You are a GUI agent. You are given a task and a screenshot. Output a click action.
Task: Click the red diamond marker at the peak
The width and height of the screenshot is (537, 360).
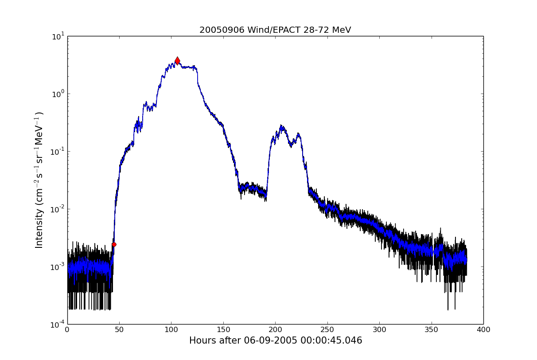pos(177,61)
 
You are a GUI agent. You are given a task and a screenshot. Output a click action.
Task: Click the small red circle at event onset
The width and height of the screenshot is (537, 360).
pos(114,244)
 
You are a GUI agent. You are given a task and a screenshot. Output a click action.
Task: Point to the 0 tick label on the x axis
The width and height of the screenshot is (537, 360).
pos(67,330)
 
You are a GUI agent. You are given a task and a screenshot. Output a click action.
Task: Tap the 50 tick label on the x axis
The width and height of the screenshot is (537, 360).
pos(119,330)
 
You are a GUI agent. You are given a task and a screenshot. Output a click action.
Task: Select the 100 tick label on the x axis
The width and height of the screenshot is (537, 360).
pos(171,330)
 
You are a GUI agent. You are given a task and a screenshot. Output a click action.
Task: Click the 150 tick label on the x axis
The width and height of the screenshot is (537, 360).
pos(223,330)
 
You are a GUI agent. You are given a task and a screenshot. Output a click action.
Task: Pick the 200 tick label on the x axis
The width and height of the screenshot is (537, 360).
pos(275,330)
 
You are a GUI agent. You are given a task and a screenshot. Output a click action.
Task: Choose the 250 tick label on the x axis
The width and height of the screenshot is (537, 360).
pos(327,330)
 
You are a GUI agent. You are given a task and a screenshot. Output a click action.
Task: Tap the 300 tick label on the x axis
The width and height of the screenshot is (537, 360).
pos(379,330)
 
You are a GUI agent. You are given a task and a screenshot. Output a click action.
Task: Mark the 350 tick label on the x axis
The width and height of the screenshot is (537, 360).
pos(431,330)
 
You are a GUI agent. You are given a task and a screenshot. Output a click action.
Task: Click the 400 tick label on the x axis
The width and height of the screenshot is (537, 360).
pos(483,330)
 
